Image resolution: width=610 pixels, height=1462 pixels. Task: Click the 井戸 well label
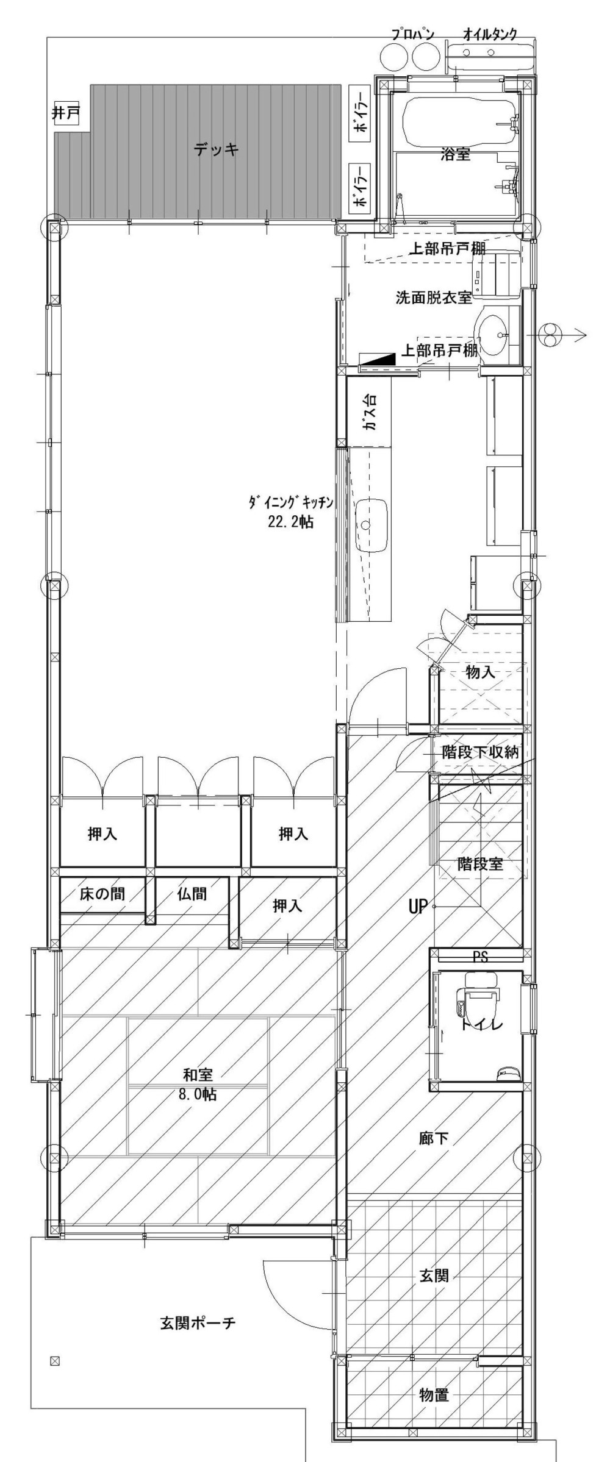[x=66, y=113]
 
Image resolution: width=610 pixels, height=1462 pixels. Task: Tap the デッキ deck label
[x=216, y=149]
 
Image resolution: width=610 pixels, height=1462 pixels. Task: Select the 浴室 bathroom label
[x=456, y=155]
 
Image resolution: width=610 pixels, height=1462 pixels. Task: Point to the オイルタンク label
[x=490, y=34]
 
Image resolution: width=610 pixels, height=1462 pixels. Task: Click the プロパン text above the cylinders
[x=412, y=34]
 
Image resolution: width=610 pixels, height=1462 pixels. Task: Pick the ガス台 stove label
[x=370, y=414]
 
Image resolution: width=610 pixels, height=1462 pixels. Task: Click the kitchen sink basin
[x=372, y=525]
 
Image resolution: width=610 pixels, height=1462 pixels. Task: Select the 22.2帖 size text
[x=290, y=522]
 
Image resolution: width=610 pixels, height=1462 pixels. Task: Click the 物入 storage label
[x=480, y=672]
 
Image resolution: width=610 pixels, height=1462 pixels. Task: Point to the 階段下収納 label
[x=480, y=752]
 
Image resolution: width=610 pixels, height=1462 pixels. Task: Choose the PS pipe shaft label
[x=480, y=957]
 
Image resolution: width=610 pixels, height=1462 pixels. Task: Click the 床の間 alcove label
[x=102, y=894]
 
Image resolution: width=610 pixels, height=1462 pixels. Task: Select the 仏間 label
[x=192, y=894]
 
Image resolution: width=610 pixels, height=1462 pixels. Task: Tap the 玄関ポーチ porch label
[x=198, y=1323]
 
